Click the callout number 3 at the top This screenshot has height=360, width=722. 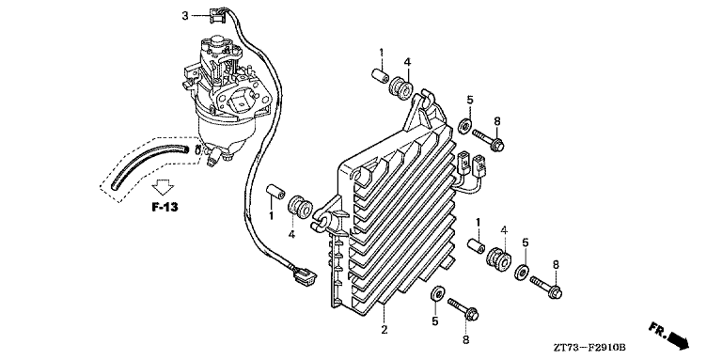click(185, 15)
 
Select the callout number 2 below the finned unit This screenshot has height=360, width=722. click(384, 330)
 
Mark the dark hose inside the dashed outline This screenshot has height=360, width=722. click(150, 160)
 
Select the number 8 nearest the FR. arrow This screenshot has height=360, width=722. click(555, 265)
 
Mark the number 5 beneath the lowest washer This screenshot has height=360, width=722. click(435, 321)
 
